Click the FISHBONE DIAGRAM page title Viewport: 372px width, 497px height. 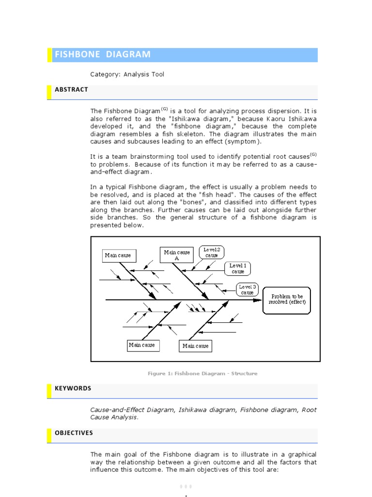[x=102, y=54]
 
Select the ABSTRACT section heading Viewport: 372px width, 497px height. [x=71, y=90]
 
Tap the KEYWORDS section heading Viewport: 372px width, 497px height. [x=73, y=389]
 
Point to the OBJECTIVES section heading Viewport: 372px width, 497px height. [x=74, y=433]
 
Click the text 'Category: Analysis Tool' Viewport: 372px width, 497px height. [x=127, y=74]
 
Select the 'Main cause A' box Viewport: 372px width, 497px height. [x=177, y=255]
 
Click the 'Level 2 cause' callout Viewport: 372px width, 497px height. [x=211, y=252]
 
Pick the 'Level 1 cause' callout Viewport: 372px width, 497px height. [x=237, y=268]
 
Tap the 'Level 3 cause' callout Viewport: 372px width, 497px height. [x=247, y=289]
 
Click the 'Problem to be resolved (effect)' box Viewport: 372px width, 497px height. [x=287, y=299]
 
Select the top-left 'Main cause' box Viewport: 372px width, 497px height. [x=118, y=255]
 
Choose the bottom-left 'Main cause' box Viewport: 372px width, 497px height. [x=141, y=345]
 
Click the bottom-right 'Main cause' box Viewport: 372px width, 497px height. [x=195, y=346]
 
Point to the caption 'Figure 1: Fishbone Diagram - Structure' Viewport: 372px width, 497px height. [x=202, y=374]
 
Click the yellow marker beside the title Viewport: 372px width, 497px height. [x=49, y=55]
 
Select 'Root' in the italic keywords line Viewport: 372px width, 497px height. [x=309, y=410]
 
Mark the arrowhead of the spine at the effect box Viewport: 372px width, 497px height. [x=259, y=300]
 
